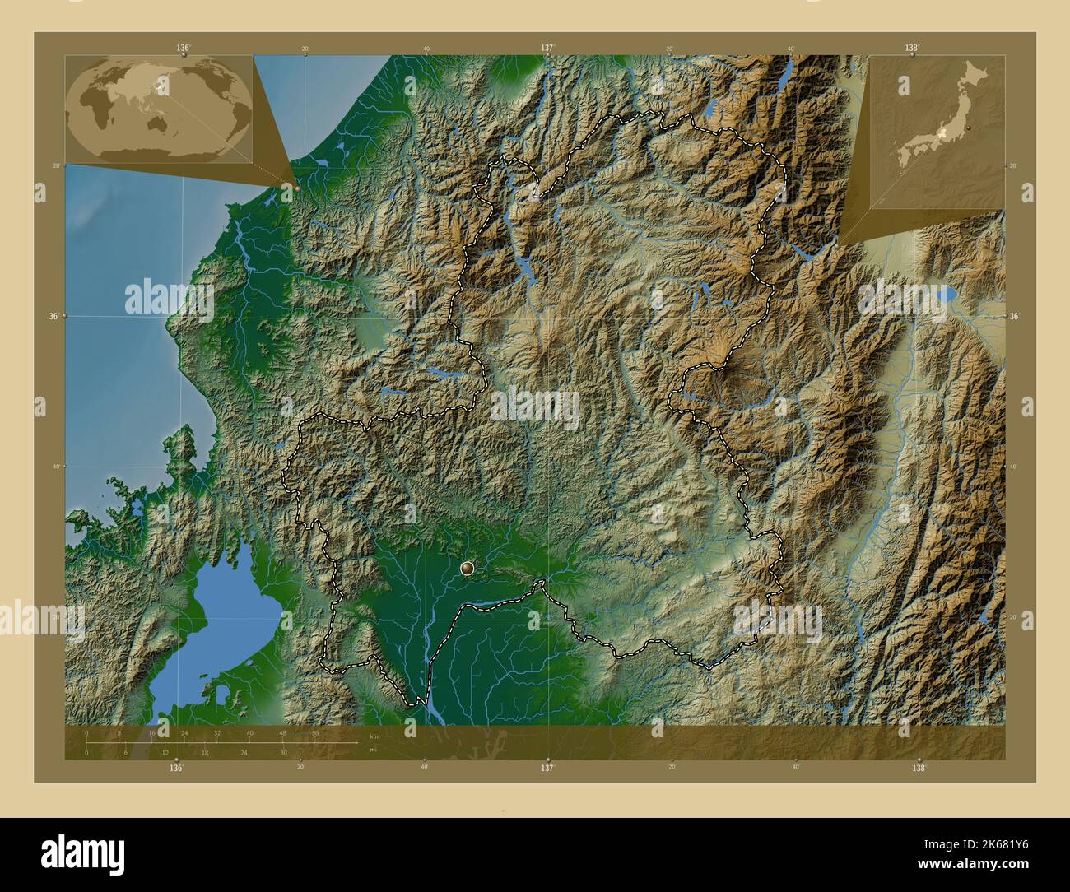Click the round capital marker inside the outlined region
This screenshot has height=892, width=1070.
click(x=468, y=566)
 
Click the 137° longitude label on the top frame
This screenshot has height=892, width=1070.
click(x=547, y=49)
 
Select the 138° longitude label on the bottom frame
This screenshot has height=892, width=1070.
click(x=919, y=767)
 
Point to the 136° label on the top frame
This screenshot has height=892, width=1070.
click(x=183, y=49)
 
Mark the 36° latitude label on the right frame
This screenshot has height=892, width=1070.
click(x=1014, y=316)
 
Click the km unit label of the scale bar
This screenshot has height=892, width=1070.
click(x=374, y=736)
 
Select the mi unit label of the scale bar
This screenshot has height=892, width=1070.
click(x=373, y=750)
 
